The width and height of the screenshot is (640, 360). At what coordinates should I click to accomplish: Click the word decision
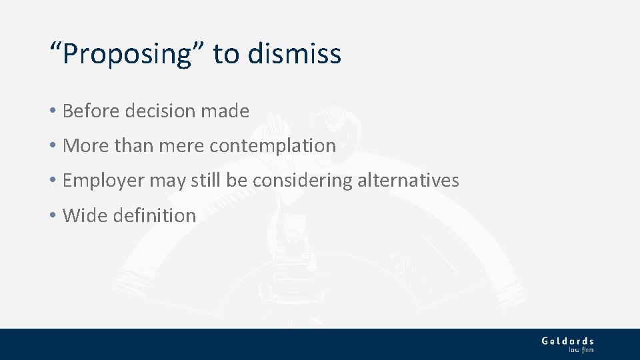[162, 111]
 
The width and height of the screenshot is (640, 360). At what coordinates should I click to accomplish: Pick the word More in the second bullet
[85, 145]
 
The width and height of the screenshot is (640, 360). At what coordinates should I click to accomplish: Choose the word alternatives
[407, 180]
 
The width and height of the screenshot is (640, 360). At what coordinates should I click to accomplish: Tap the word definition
[154, 215]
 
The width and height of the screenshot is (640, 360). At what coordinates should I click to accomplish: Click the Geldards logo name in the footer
[567, 341]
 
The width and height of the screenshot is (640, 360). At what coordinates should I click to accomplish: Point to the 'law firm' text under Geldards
[581, 349]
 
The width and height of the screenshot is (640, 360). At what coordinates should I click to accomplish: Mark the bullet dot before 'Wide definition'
[53, 216]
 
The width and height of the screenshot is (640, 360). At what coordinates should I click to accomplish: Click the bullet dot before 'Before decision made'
[53, 111]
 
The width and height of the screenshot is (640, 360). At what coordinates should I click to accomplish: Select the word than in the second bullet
[133, 145]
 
